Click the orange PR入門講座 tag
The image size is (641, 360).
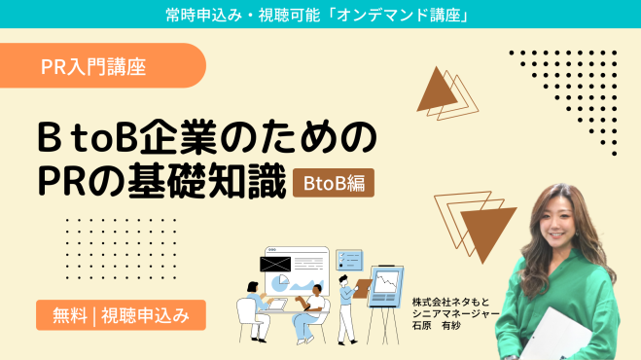coord(94,66)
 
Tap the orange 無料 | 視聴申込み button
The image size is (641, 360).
coord(121,314)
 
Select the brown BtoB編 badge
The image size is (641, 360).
coord(334,182)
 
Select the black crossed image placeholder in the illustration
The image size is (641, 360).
coord(274,263)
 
